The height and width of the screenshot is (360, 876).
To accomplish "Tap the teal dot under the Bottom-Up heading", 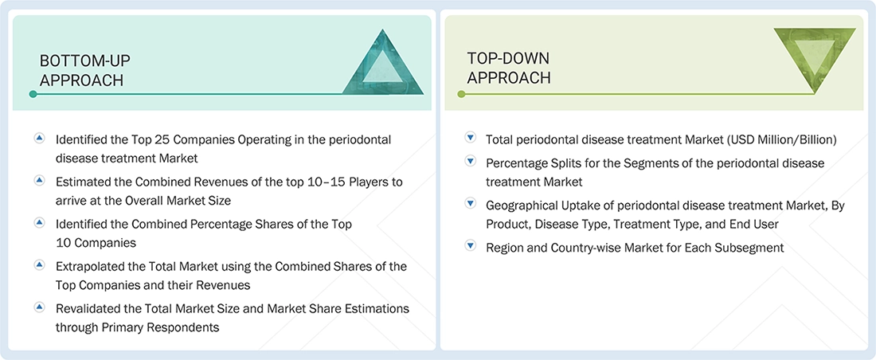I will pos(33,94).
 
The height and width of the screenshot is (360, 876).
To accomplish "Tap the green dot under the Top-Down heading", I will pos(461,94).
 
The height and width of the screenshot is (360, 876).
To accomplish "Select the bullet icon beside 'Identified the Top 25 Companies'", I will pos(39,139).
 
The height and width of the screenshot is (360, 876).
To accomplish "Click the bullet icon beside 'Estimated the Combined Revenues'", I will pos(39,181).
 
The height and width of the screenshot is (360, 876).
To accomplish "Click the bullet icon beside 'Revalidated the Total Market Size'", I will pos(39,307).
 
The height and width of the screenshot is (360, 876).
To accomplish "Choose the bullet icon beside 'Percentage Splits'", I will pos(470,162).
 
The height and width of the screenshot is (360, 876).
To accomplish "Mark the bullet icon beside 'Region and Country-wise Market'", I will pos(470,247).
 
